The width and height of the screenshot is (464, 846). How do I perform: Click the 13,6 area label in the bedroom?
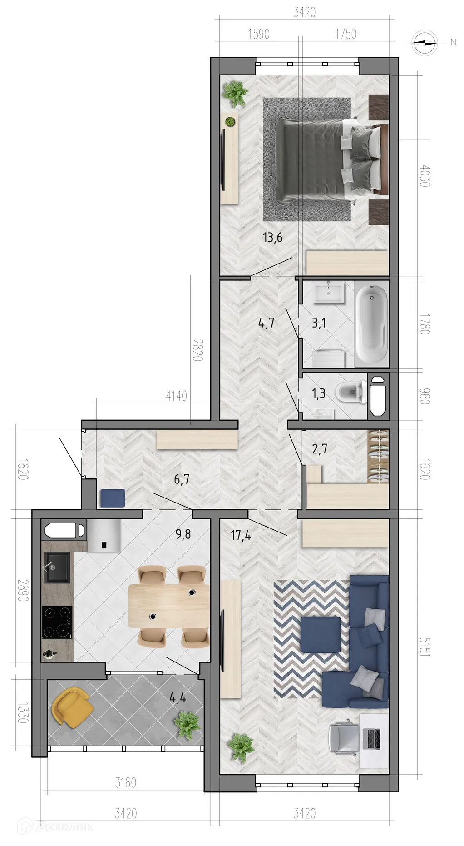click(x=272, y=237)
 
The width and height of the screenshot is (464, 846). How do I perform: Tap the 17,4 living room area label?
click(x=241, y=535)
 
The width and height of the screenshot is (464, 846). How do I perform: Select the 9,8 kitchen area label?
click(x=183, y=534)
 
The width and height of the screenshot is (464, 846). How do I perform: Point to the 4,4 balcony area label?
click(x=178, y=697)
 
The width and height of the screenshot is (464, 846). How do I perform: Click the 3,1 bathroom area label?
click(x=319, y=323)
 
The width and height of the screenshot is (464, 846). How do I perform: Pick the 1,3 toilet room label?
click(x=319, y=393)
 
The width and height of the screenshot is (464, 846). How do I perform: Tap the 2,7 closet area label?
click(x=320, y=449)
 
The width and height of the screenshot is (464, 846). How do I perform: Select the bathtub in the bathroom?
click(x=372, y=323)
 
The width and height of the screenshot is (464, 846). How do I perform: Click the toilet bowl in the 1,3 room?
click(x=350, y=393)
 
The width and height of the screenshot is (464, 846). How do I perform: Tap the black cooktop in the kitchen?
click(x=57, y=622)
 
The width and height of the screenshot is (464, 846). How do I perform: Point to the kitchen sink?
click(x=57, y=567)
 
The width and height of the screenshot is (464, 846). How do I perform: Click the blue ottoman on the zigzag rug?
click(x=321, y=634)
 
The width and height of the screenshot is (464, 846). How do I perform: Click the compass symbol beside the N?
click(x=425, y=42)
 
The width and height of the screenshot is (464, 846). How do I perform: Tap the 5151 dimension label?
click(x=425, y=646)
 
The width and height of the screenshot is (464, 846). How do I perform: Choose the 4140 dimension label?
click(x=176, y=396)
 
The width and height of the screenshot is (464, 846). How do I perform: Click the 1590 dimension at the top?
click(x=259, y=34)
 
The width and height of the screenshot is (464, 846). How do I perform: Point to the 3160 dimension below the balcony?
click(x=126, y=782)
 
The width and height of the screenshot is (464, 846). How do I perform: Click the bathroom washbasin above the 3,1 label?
click(x=329, y=292)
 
